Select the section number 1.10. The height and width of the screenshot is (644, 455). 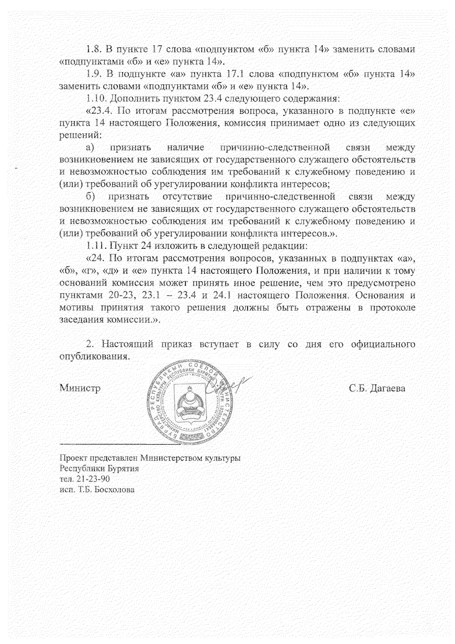96,99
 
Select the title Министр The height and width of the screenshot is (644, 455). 80,389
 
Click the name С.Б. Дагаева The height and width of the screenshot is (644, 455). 377,389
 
